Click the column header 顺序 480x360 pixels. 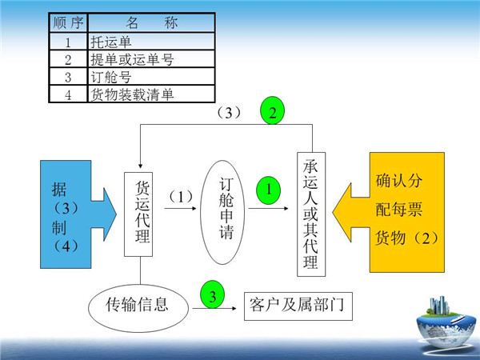(x=68, y=22)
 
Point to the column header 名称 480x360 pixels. (x=152, y=22)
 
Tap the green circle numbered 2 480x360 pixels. (x=273, y=111)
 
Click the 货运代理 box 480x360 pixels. (x=140, y=213)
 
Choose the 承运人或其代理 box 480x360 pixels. (x=312, y=214)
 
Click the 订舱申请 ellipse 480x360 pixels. (x=225, y=211)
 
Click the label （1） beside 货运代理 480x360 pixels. (x=181, y=195)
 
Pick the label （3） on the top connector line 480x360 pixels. (x=230, y=113)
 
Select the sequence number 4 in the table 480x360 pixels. (x=68, y=94)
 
